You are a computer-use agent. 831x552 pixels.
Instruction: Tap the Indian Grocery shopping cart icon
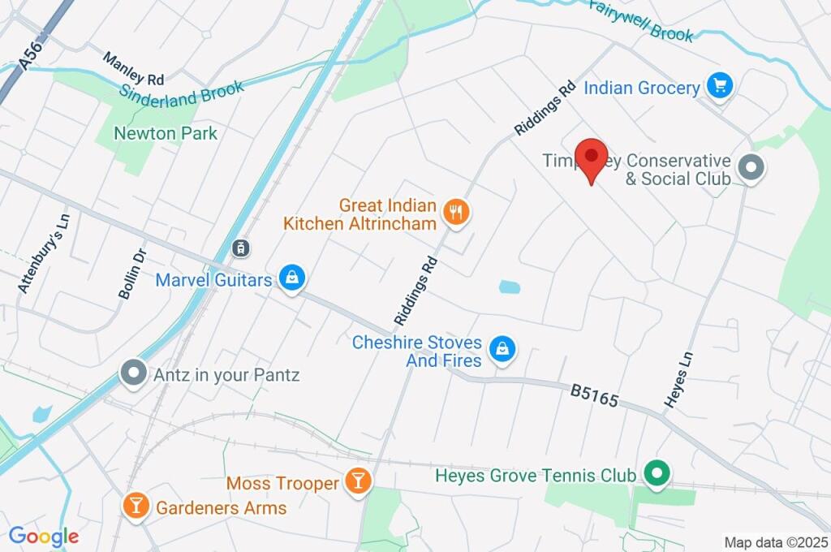pos(719,86)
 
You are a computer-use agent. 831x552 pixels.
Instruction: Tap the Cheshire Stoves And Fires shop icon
pos(503,350)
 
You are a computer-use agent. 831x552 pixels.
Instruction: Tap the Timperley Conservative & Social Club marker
pos(752,169)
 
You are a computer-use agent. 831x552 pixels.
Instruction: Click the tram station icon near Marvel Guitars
pos(239,248)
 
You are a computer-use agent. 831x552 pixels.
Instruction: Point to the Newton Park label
pos(166,133)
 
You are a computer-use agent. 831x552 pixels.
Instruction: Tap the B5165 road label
pos(594,396)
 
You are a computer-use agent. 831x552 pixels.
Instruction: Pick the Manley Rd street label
pos(133,69)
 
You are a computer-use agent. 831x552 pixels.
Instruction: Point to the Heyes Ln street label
pos(678,379)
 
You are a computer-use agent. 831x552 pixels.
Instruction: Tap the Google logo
pos(43,536)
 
